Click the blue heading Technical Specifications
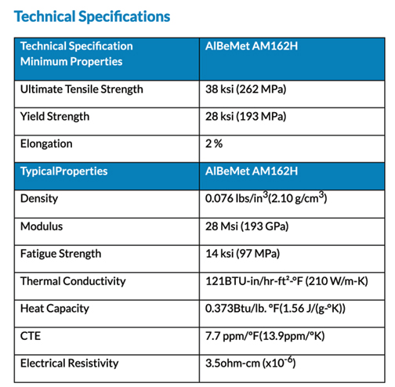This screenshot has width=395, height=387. pyautogui.click(x=92, y=16)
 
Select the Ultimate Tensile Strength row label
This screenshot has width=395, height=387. pyautogui.click(x=82, y=89)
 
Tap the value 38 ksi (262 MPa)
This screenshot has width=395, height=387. pyautogui.click(x=245, y=89)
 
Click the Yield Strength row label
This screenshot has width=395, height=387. pyautogui.click(x=55, y=117)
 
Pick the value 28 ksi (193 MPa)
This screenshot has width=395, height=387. pyautogui.click(x=245, y=117)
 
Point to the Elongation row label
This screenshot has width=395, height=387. pyautogui.click(x=46, y=144)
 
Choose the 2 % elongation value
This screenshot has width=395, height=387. pyautogui.click(x=214, y=143)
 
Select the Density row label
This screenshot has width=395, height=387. pyautogui.click(x=39, y=199)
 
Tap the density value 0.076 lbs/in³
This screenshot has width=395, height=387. pyautogui.click(x=237, y=197)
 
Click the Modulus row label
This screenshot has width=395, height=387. pyautogui.click(x=42, y=226)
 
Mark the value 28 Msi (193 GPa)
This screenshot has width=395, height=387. pyautogui.click(x=247, y=226)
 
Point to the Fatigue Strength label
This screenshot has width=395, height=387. pyautogui.click(x=61, y=254)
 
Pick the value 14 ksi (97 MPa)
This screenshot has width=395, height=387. pyautogui.click(x=242, y=254)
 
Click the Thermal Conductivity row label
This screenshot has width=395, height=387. pyautogui.click(x=73, y=281)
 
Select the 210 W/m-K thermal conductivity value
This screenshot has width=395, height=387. pyautogui.click(x=336, y=281)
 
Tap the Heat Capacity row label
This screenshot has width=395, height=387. pyautogui.click(x=55, y=309)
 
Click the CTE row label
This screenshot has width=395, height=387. pyautogui.click(x=31, y=336)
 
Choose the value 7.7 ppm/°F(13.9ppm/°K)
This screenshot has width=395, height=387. pyautogui.click(x=265, y=336)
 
